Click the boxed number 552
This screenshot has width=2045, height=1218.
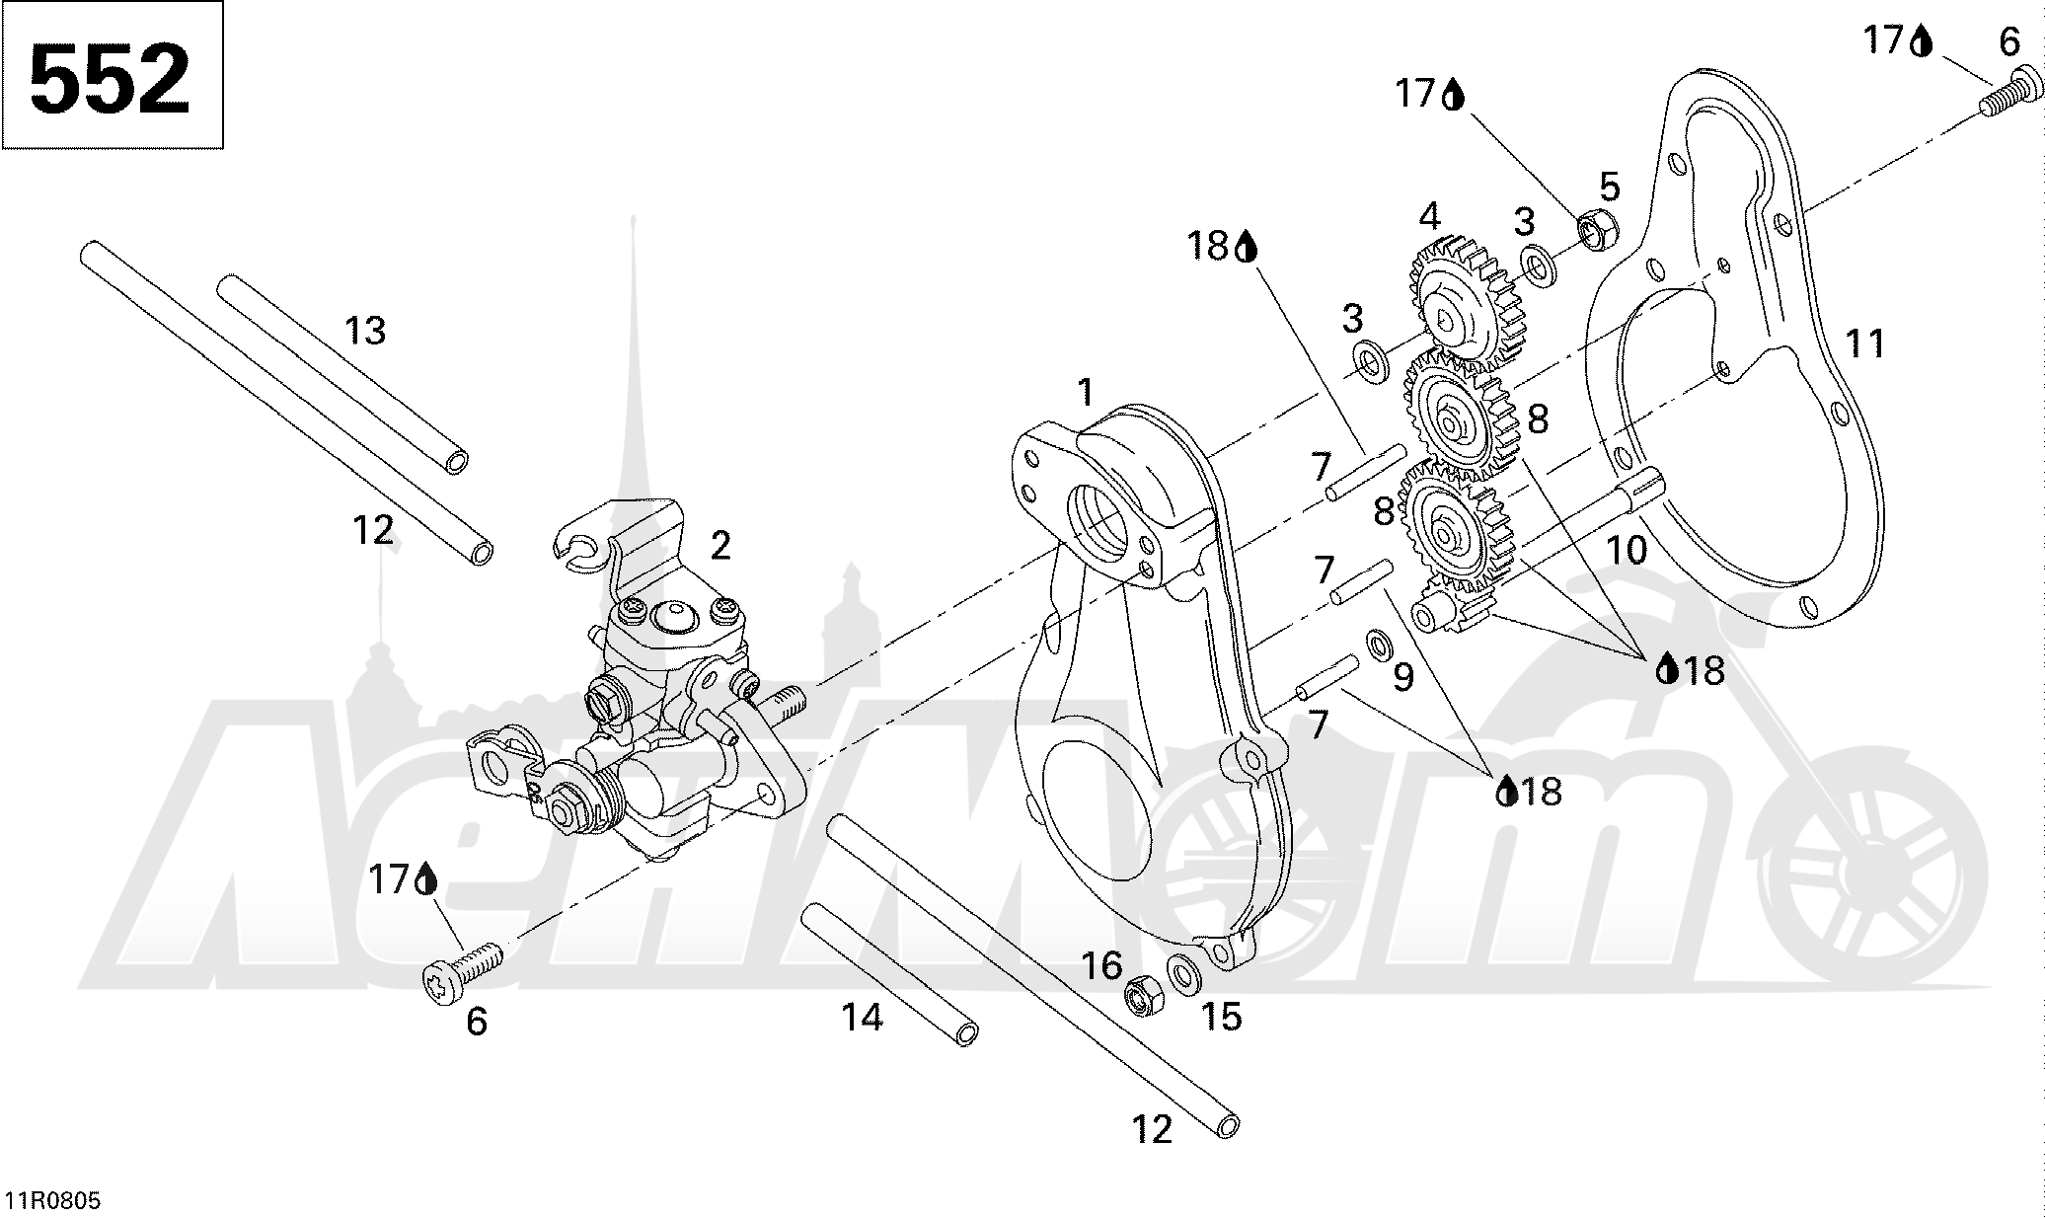[111, 76]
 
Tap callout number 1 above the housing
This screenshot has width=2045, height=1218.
[1086, 393]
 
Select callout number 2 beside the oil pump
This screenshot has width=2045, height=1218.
[720, 545]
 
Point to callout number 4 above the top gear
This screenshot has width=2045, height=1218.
[1429, 216]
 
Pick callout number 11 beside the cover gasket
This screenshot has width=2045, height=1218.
[1864, 343]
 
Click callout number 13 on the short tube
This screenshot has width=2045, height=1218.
[365, 331]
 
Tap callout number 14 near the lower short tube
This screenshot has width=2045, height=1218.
[862, 1017]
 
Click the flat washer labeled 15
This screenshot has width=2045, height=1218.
[1181, 972]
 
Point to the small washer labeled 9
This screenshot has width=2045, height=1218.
[1378, 645]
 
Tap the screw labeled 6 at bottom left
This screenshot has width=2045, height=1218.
[459, 967]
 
